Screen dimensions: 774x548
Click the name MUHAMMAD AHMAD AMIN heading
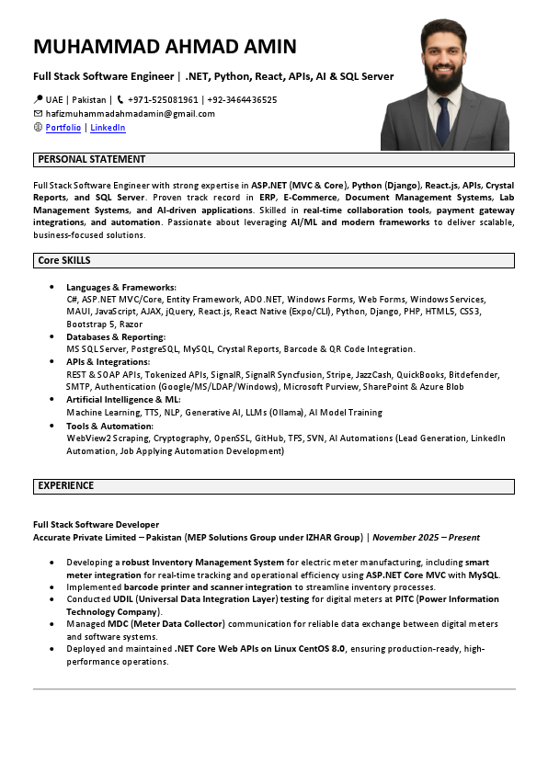click(165, 47)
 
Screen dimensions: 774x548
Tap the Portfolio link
click(63, 128)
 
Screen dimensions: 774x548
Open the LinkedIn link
click(108, 128)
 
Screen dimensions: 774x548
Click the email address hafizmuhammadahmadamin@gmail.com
click(130, 114)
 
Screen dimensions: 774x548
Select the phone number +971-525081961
click(163, 99)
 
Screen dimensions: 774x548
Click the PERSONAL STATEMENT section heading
click(91, 159)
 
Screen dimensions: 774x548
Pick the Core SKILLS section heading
click(63, 261)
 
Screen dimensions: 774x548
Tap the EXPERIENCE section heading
click(65, 485)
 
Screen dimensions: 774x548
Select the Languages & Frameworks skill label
click(120, 288)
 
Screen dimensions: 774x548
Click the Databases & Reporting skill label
click(116, 337)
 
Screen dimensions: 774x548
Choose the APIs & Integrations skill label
click(108, 362)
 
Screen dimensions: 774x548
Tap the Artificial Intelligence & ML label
click(123, 400)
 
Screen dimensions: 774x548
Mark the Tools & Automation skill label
click(109, 426)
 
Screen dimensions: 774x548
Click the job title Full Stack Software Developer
click(96, 524)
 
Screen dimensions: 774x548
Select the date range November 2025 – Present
click(426, 537)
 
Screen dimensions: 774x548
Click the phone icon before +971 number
click(120, 99)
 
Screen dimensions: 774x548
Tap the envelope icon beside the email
click(38, 114)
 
